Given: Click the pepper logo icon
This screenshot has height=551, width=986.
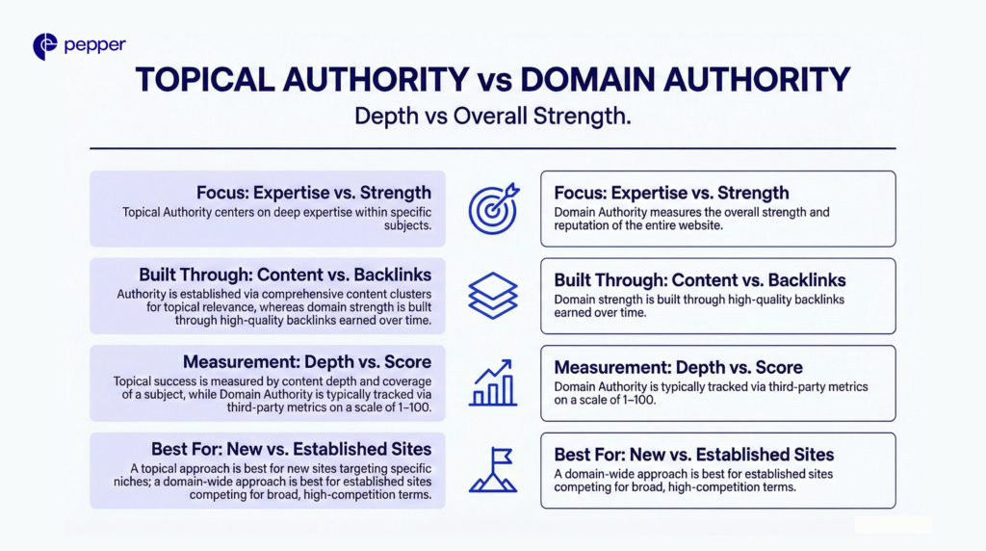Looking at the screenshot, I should [x=44, y=46].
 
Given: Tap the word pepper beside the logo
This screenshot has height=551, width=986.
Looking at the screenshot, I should [x=94, y=45].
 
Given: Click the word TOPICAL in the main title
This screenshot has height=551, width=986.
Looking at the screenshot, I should [x=212, y=80].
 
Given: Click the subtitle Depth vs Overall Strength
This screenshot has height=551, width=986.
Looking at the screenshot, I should [x=492, y=117].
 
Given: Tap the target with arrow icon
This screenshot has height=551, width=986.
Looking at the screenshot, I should [x=492, y=208].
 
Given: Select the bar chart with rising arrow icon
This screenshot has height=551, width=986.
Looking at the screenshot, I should [x=492, y=382].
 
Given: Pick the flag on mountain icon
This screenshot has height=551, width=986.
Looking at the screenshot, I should [x=492, y=470].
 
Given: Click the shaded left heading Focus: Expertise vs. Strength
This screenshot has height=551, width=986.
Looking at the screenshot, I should [x=314, y=192].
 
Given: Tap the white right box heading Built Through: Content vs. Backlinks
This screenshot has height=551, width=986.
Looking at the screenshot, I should [x=700, y=280].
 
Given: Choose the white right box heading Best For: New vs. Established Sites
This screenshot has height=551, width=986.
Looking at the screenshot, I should [x=694, y=454].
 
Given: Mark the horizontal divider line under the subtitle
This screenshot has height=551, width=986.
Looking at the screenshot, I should [x=492, y=148].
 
